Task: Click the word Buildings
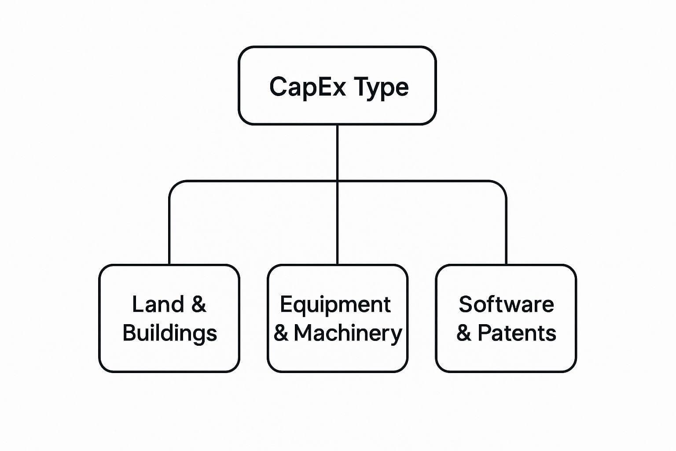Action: pos(170,334)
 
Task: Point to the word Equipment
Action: pos(335,305)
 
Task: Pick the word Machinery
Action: pos(348,334)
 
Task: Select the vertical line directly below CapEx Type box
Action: pos(337,152)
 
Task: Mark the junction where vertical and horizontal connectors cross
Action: pos(337,181)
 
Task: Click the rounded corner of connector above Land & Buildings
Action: pos(173,185)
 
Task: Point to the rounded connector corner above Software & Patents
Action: pos(502,185)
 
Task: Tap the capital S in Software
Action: pos(466,304)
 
